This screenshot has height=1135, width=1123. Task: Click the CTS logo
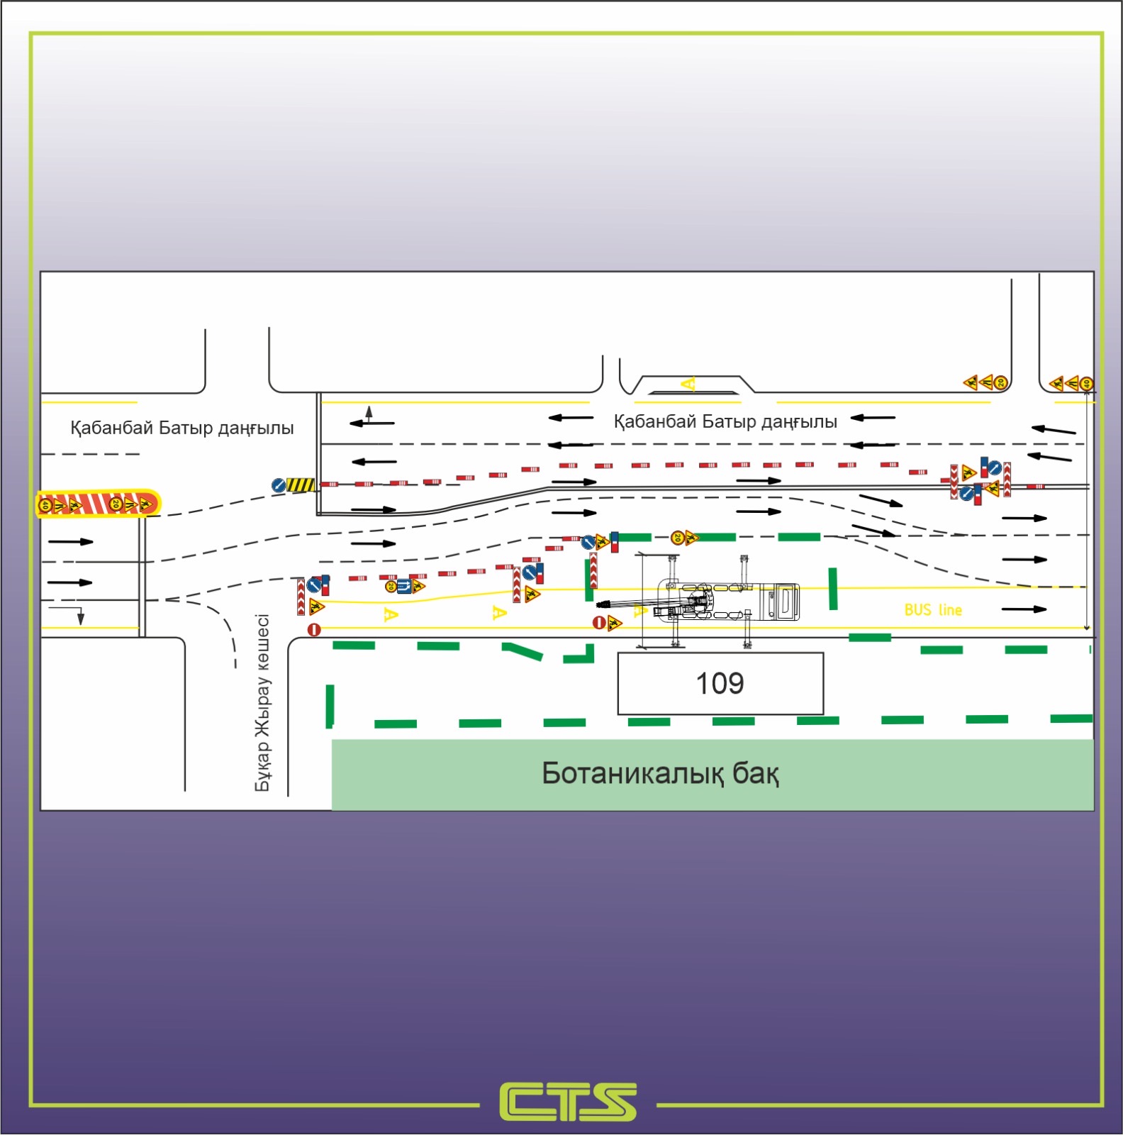[568, 1102]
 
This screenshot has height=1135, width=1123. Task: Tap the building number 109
[720, 683]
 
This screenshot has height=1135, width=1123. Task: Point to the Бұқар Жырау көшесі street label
[262, 702]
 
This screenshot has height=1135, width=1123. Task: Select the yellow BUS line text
[933, 610]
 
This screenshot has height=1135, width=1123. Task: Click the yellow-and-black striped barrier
[301, 485]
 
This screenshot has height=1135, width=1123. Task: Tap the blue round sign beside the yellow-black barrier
[279, 485]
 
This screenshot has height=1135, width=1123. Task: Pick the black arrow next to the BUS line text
[1024, 609]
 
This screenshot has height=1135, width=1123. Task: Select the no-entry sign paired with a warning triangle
[599, 623]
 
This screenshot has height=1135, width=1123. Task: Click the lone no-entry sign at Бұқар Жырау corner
[314, 629]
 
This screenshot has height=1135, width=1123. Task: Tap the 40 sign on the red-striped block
[45, 505]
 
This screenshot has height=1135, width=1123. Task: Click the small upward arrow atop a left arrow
[369, 412]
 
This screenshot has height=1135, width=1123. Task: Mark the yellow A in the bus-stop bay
[688, 384]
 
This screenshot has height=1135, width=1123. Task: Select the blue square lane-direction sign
[403, 586]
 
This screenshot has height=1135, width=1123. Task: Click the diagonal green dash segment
[523, 650]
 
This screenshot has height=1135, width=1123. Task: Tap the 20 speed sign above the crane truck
[677, 538]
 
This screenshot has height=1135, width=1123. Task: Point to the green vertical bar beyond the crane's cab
[834, 588]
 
